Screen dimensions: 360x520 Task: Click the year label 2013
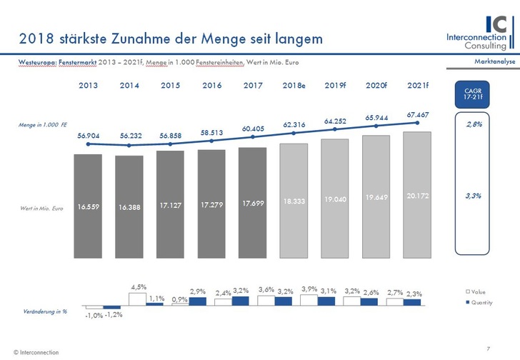(89, 86)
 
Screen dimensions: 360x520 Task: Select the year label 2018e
(294, 86)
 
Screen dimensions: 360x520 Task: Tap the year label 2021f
(418, 86)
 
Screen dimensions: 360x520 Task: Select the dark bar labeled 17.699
(253, 203)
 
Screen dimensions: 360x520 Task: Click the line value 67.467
(418, 114)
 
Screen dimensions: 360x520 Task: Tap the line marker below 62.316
(294, 136)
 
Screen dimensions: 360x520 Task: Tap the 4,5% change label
(138, 287)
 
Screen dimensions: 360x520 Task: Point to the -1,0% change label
(94, 315)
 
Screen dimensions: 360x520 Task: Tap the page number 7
(487, 348)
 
